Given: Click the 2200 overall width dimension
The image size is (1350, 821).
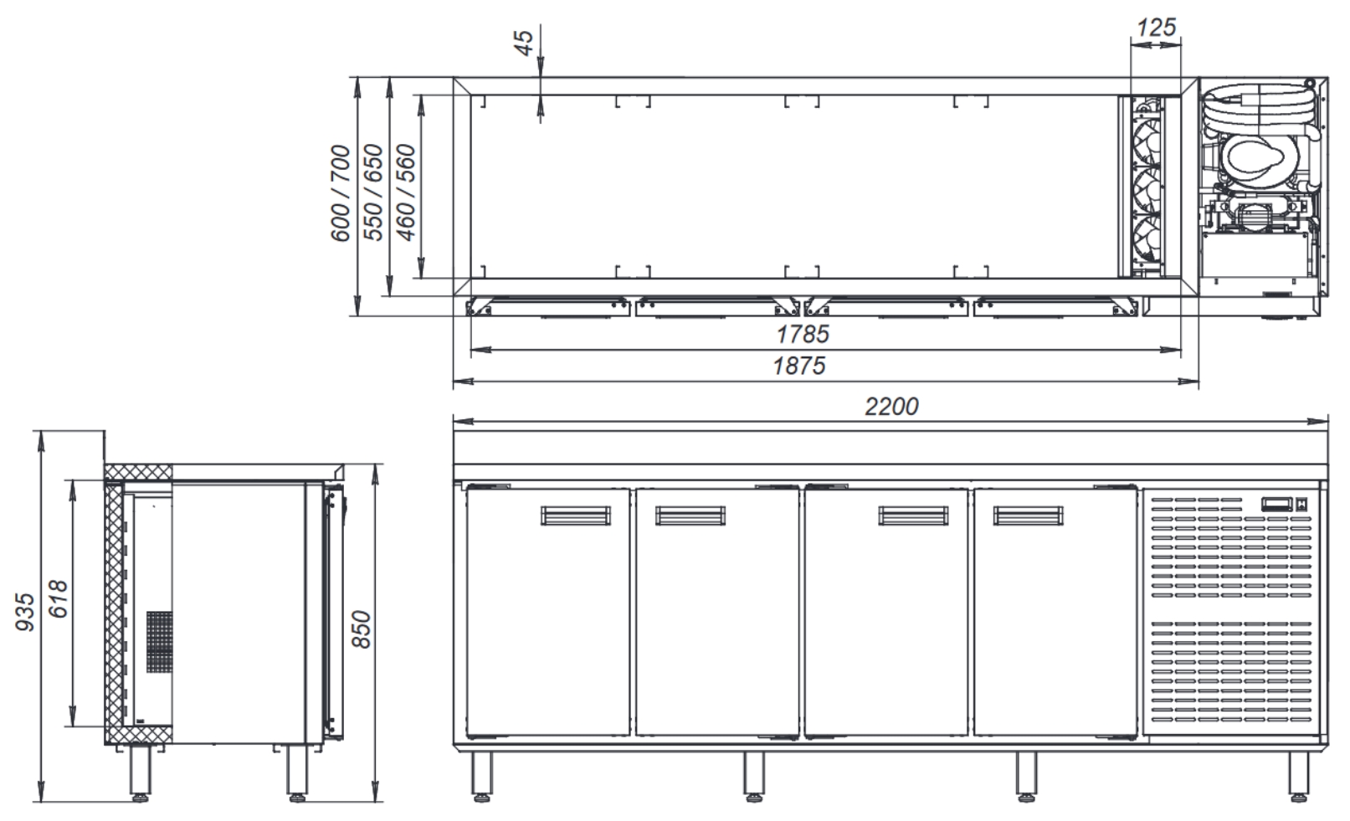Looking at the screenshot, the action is [x=891, y=407].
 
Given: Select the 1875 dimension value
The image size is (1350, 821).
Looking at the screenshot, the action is [x=799, y=366].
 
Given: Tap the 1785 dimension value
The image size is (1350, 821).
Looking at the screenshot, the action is [x=803, y=334].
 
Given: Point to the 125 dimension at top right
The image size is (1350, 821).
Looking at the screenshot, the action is [x=1156, y=28].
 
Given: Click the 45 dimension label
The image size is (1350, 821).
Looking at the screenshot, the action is [x=524, y=43].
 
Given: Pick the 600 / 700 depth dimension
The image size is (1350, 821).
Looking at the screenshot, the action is [x=340, y=192].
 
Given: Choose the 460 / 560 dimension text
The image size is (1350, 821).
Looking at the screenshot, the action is [x=406, y=192].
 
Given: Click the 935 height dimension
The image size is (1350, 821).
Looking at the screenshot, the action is [x=25, y=612].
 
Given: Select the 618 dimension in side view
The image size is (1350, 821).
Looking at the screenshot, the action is [x=58, y=599].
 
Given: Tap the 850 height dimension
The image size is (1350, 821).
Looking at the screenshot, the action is [x=361, y=629].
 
